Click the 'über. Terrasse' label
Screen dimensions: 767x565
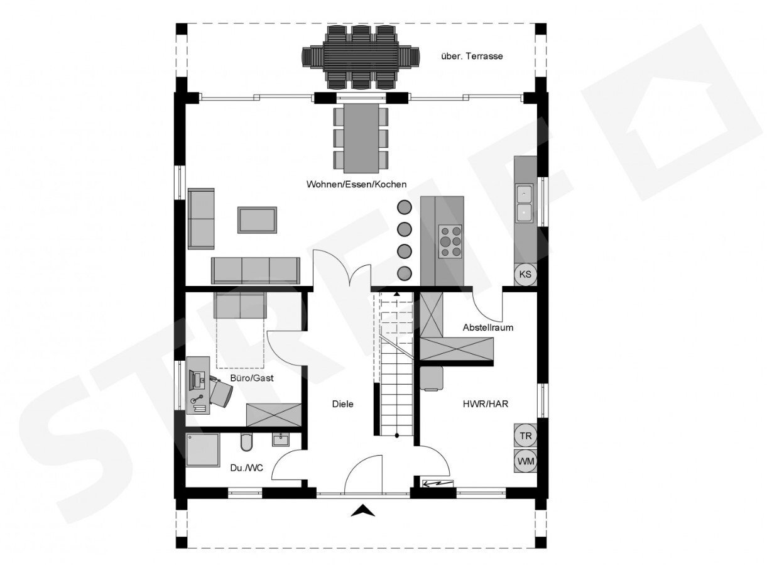[472, 56]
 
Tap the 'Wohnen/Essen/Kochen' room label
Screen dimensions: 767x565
[356, 184]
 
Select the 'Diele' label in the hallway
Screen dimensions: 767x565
[342, 404]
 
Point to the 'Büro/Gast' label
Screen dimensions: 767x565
[252, 378]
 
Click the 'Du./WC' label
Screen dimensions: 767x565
[246, 468]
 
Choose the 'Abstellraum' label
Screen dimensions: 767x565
[488, 327]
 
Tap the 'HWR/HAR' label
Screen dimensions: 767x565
[486, 404]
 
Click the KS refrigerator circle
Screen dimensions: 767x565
[525, 274]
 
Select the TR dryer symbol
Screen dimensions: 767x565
[526, 436]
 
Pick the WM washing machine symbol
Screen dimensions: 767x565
[526, 461]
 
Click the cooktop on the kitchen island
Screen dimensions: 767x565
[450, 241]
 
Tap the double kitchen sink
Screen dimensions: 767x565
[524, 204]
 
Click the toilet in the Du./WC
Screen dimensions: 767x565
[246, 442]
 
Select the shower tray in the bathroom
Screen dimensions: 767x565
[203, 450]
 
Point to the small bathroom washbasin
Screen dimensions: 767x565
[281, 439]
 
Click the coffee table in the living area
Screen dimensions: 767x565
[257, 220]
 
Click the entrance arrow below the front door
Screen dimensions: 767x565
[363, 510]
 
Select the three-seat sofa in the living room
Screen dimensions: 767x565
[256, 271]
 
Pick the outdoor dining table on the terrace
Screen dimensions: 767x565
[361, 57]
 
